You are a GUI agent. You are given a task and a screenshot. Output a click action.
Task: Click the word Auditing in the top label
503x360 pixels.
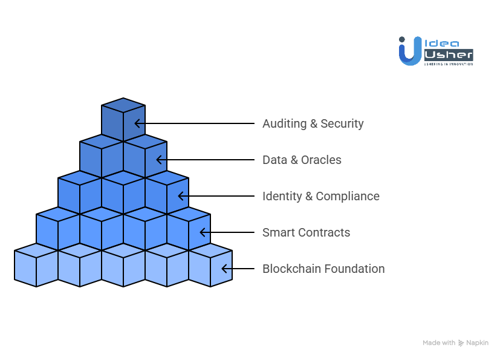284,124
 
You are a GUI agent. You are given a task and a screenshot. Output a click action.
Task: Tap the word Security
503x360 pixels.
342,124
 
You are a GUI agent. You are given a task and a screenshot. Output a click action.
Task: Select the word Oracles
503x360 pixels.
321,160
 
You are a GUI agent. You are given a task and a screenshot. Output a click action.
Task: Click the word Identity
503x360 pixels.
282,197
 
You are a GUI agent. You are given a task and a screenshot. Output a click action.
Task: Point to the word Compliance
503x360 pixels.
348,197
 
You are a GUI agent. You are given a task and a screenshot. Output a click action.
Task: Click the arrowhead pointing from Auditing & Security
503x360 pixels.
138,123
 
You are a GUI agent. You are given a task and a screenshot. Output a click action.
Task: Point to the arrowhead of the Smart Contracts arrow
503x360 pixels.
203,232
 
